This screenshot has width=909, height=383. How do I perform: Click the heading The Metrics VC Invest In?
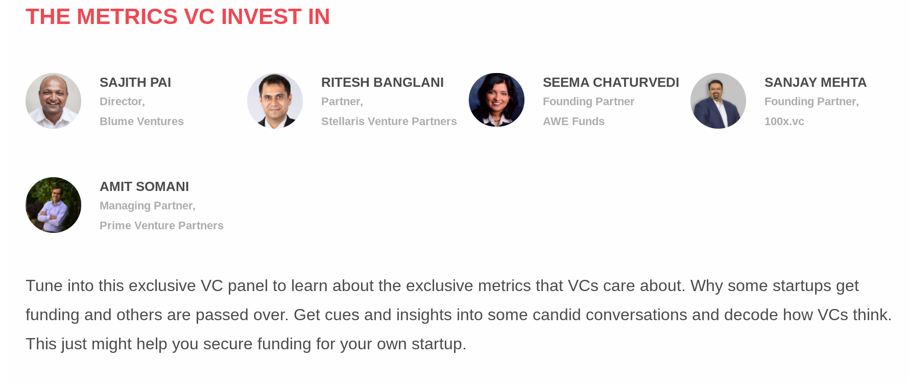pos(178,16)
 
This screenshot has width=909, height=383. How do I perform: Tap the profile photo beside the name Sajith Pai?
pos(53,101)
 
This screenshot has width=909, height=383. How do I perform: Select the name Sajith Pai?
pos(135,82)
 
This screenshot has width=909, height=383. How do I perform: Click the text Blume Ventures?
pos(141,122)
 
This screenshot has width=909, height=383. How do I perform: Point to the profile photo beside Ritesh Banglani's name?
pos(275,101)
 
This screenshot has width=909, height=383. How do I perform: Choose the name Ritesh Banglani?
pos(382,82)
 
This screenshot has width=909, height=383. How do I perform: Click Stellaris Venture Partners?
pos(389,122)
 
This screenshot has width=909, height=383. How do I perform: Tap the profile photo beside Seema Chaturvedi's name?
pos(496,101)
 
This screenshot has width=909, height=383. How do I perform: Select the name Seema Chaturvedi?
pos(611,82)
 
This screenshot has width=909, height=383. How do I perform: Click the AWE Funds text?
pos(573,122)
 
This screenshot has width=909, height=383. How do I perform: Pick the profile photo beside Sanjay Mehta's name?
pos(718,101)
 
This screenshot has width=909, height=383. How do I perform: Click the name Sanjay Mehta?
pos(816,82)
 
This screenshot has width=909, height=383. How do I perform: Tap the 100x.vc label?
pos(784,122)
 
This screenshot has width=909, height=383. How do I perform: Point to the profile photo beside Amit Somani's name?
pos(53,205)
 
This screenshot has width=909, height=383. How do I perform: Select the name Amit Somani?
pos(144,186)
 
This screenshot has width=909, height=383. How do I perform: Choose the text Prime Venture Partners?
pos(161,226)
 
